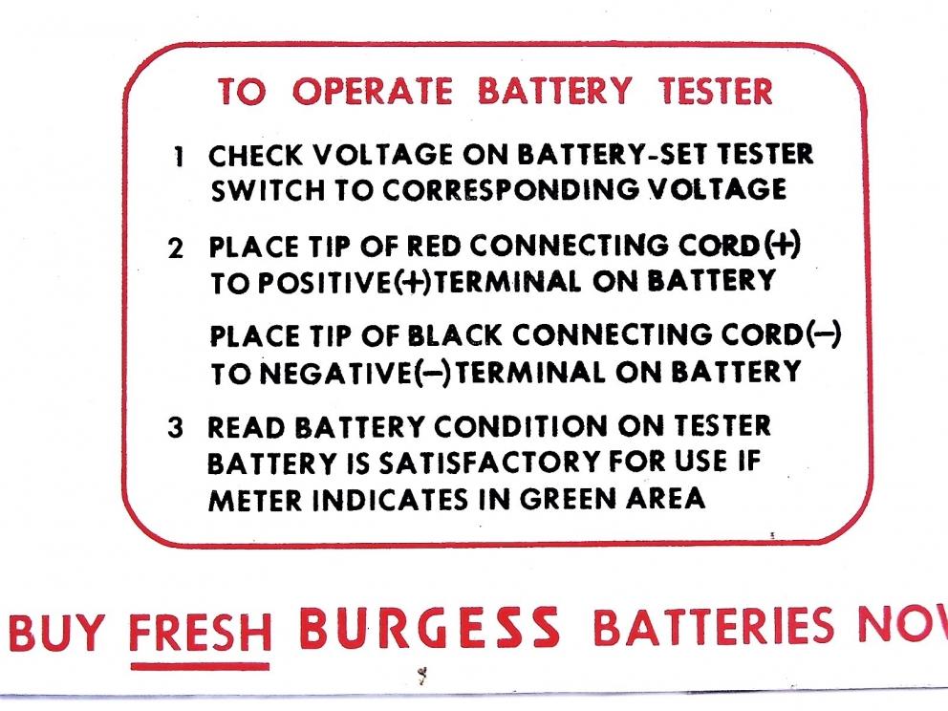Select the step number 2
[176, 248]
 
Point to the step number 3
[176, 428]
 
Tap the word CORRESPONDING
[494, 191]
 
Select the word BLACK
[454, 337]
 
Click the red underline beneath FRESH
[200, 665]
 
